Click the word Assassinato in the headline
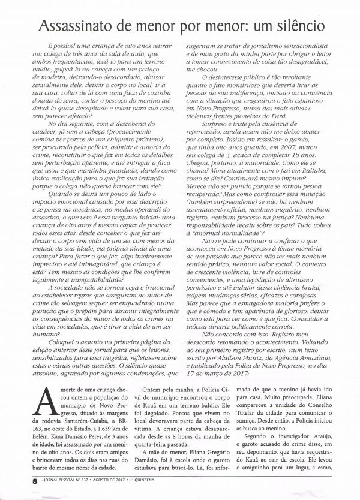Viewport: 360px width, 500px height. (75, 26)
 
